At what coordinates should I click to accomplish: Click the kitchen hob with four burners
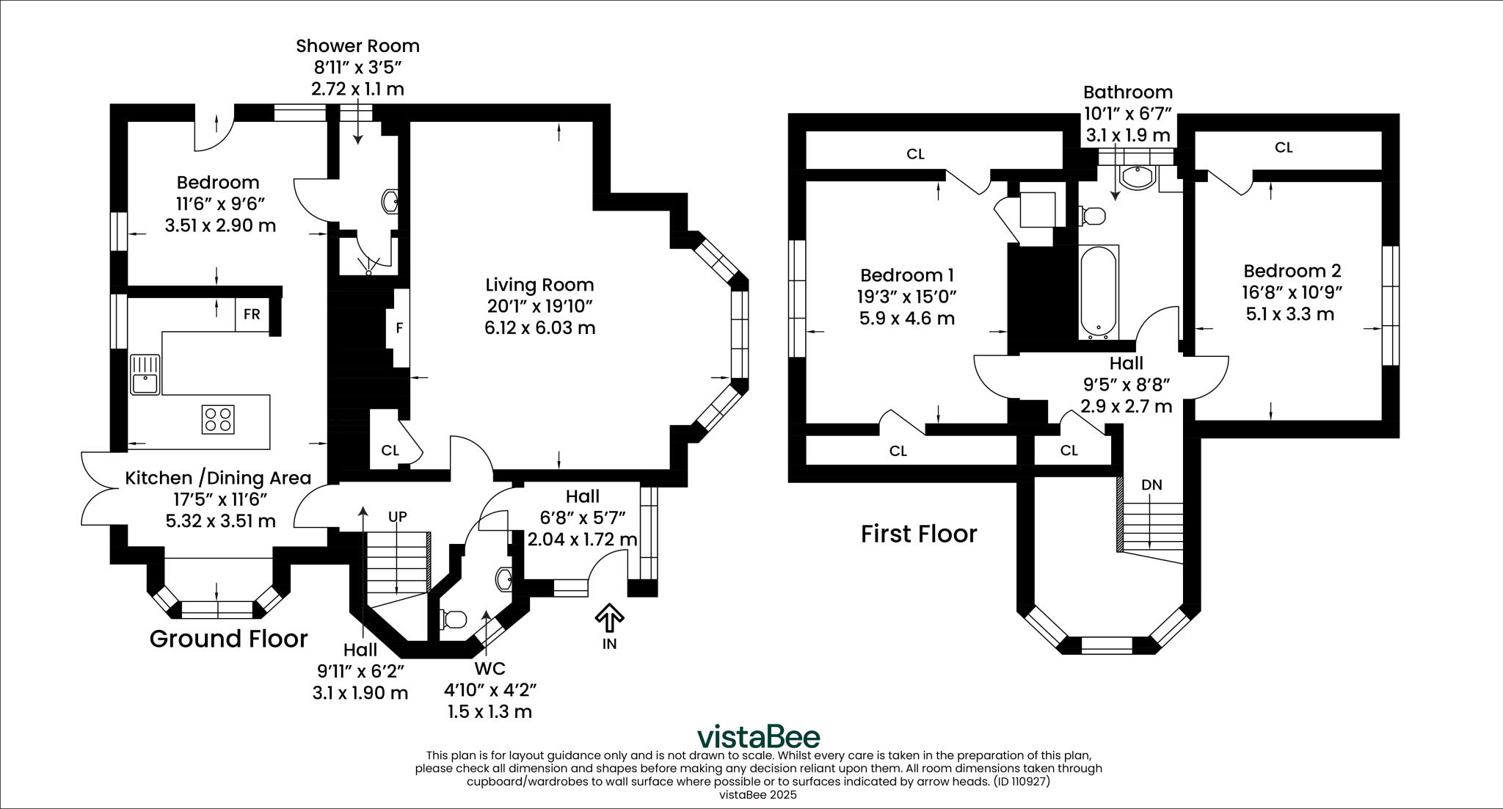click(218, 419)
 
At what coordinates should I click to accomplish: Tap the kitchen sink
click(145, 374)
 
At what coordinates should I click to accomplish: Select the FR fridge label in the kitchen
click(252, 314)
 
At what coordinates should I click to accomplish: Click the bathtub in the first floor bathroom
click(1099, 292)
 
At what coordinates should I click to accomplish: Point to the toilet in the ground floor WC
click(452, 619)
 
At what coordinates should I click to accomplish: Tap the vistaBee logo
click(758, 736)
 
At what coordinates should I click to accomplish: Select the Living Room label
click(539, 285)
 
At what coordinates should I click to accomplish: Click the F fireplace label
click(399, 327)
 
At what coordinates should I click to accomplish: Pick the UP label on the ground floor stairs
click(397, 517)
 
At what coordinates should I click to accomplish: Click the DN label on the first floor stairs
click(1151, 485)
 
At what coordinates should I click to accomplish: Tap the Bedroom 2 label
click(1292, 270)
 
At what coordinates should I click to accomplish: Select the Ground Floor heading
click(228, 639)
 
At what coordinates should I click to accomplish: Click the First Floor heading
click(919, 534)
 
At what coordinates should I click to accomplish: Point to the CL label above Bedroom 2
click(1284, 148)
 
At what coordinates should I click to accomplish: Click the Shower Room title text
click(357, 46)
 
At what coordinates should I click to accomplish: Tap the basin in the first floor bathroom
click(1137, 176)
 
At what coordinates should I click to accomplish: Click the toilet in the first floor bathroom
click(1092, 216)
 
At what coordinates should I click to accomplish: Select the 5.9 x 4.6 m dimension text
click(907, 319)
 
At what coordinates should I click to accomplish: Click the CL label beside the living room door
click(390, 450)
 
